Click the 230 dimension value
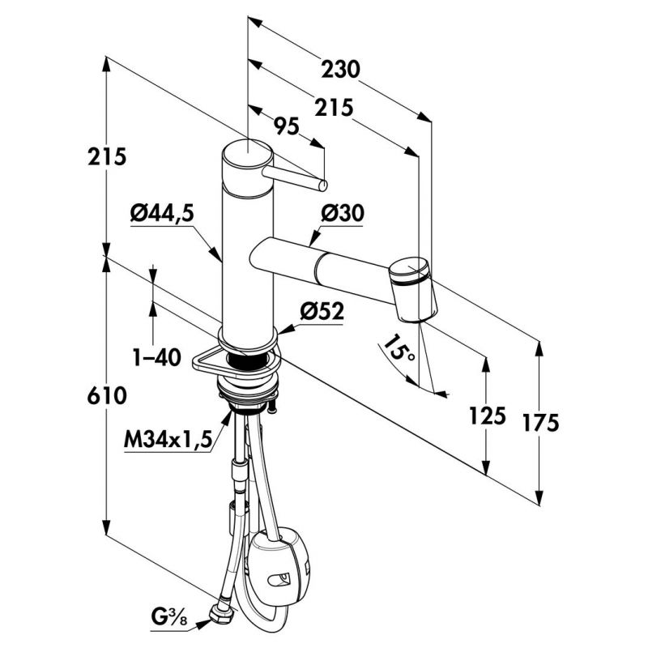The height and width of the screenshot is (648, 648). [x=339, y=70]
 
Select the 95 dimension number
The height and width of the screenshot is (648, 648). [x=288, y=126]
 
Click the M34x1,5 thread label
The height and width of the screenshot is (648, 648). [x=168, y=439]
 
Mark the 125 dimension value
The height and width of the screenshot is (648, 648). [x=487, y=416]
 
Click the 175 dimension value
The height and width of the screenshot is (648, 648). [x=540, y=423]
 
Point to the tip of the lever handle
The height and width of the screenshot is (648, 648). [x=323, y=185]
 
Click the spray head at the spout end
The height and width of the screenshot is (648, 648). [x=414, y=288]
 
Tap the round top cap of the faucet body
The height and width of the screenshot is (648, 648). [x=246, y=155]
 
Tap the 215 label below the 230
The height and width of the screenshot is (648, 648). [x=333, y=108]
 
